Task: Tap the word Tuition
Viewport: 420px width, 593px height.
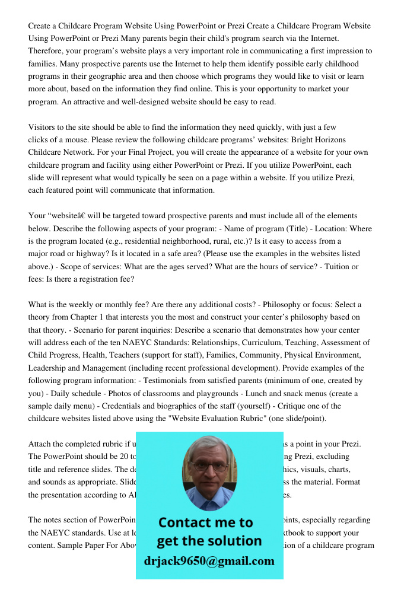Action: (x=336, y=266)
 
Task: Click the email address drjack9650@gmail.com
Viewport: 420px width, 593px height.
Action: (x=209, y=561)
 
